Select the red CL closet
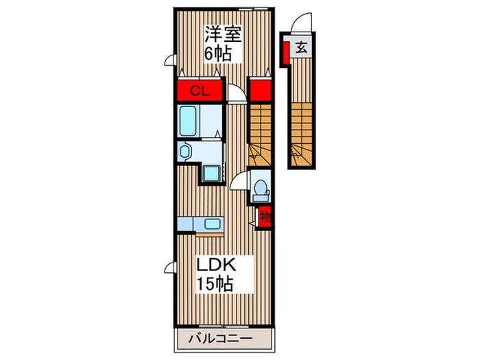pos(199,91)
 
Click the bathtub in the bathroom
pos(189,121)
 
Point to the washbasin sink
pos(185,151)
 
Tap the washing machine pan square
pos(212,173)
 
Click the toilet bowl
pos(261,188)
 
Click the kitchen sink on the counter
pos(211,224)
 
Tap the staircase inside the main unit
pos(260,130)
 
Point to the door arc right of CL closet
pos(235,93)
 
